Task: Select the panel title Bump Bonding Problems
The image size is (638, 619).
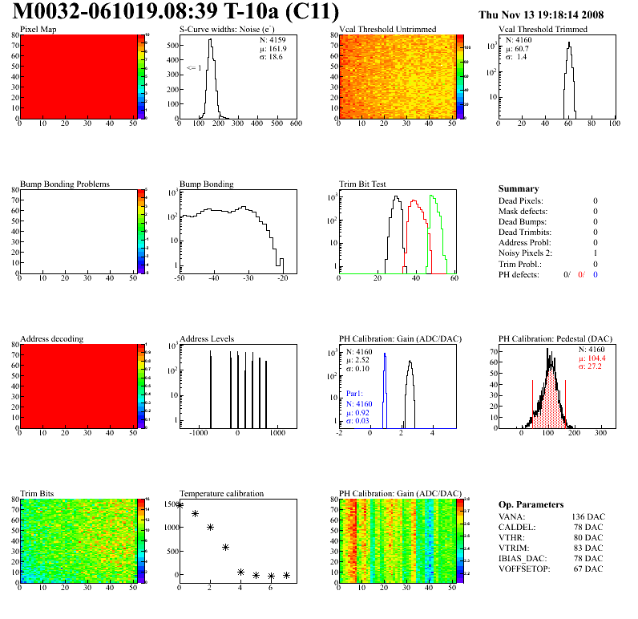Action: point(65,184)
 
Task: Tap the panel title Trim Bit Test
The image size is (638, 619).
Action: point(365,184)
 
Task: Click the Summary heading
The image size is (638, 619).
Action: point(519,188)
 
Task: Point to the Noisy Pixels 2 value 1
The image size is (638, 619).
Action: point(596,253)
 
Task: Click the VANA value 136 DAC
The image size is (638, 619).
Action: point(586,516)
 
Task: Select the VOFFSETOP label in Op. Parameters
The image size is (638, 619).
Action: point(526,568)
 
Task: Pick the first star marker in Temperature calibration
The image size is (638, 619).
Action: point(180,505)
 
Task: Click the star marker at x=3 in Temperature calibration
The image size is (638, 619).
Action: point(225,547)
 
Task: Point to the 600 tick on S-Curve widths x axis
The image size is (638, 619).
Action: point(295,124)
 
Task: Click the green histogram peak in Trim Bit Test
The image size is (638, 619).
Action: point(432,196)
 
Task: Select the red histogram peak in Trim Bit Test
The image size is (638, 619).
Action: point(414,201)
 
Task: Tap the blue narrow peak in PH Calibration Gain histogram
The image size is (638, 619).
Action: point(385,354)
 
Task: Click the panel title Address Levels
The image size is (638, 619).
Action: point(207,338)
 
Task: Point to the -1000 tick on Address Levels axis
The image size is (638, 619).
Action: point(196,433)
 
